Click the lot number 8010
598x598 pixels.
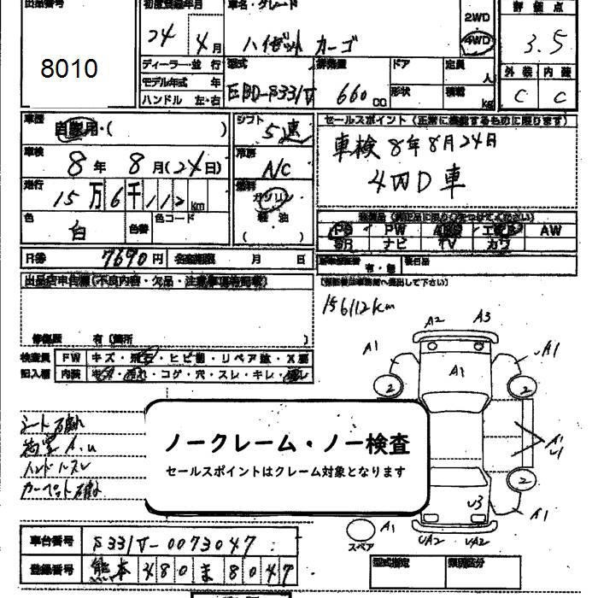tap(68, 68)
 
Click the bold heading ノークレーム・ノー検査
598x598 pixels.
tap(286, 443)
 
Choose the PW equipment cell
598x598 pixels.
tap(396, 230)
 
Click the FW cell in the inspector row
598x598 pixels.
tap(67, 358)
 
